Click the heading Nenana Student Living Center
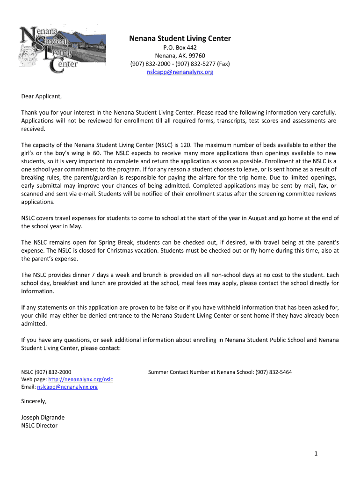pyautogui.click(x=180, y=38)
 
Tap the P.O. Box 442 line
pyautogui.click(x=180, y=48)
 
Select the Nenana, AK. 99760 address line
pyautogui.click(x=180, y=56)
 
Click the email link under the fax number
pyautogui.click(x=180, y=72)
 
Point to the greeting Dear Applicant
pyautogui.click(x=42, y=97)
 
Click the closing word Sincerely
pyautogui.click(x=34, y=401)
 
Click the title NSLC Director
pyautogui.click(x=39, y=425)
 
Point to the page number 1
pyautogui.click(x=316, y=453)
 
